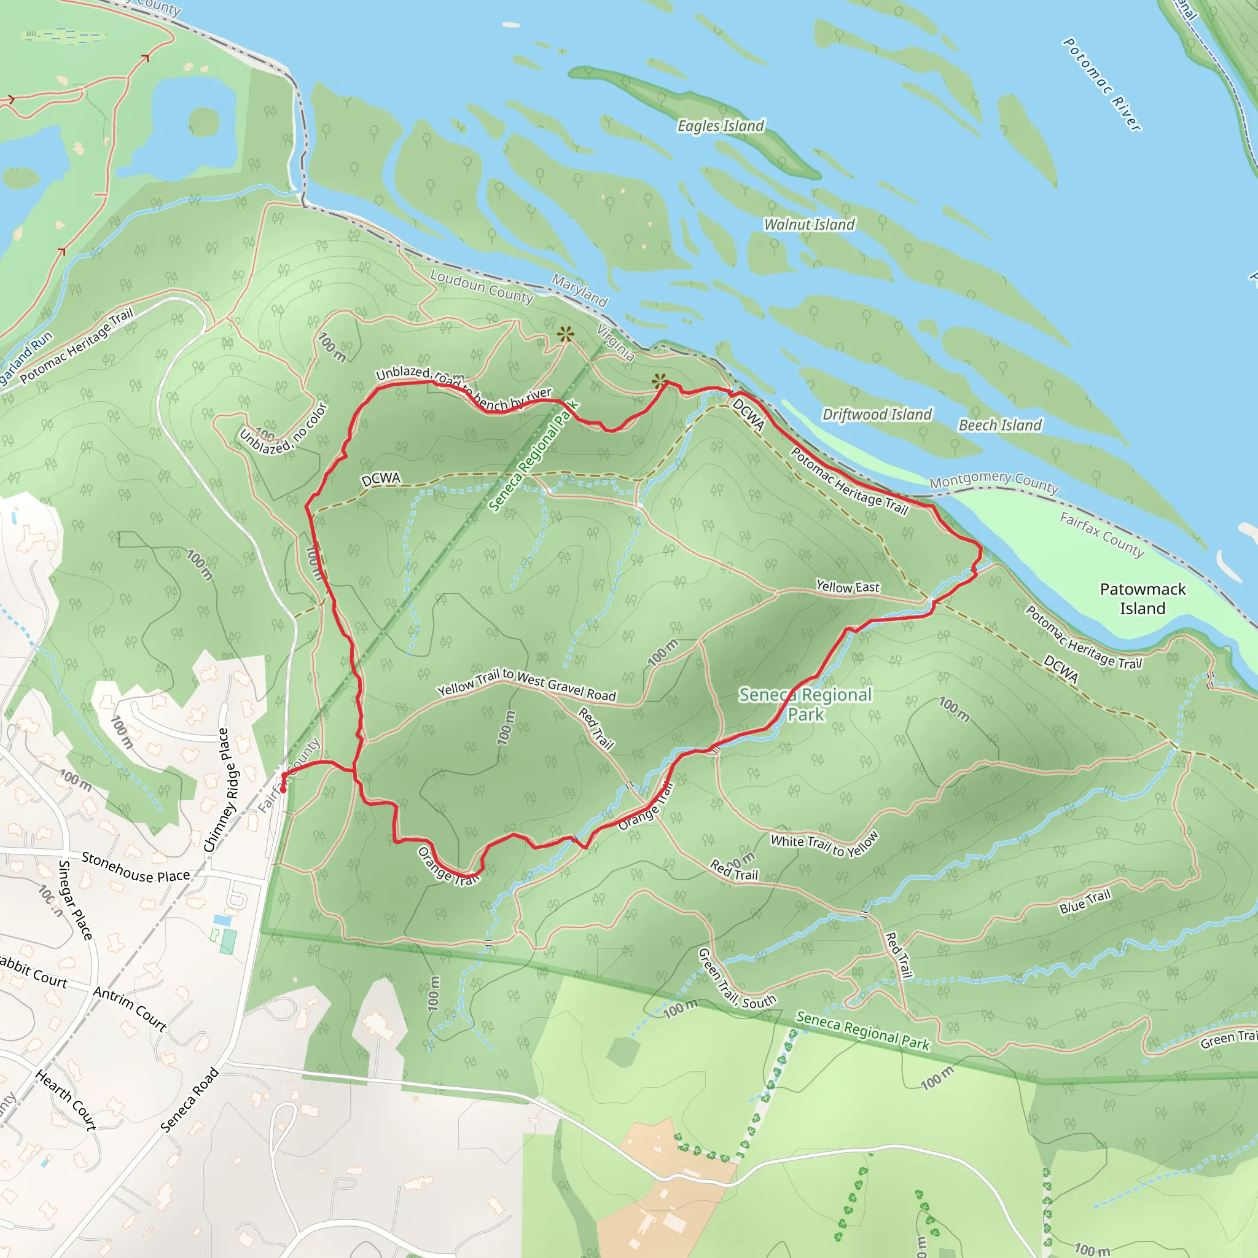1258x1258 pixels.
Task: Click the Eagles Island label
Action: (x=721, y=126)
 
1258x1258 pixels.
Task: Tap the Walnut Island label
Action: (x=810, y=225)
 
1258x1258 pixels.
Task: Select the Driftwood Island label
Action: (x=877, y=415)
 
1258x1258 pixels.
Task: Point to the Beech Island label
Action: (x=1000, y=425)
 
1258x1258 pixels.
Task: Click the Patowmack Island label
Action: (x=1143, y=598)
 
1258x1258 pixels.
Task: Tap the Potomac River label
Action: (x=1102, y=85)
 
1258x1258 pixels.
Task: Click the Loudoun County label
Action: (x=481, y=286)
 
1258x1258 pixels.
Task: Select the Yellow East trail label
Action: (x=848, y=587)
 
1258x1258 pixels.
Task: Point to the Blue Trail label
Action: (x=1085, y=902)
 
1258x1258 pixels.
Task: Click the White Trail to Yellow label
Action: (x=825, y=845)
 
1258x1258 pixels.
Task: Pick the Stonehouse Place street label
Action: (x=135, y=867)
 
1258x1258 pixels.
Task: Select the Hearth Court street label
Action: (x=66, y=1100)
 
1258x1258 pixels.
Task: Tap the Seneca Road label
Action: (x=189, y=1100)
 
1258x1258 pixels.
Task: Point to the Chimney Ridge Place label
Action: (x=217, y=790)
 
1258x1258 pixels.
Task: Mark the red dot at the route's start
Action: (x=283, y=789)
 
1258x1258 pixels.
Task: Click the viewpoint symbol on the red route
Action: (x=660, y=381)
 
